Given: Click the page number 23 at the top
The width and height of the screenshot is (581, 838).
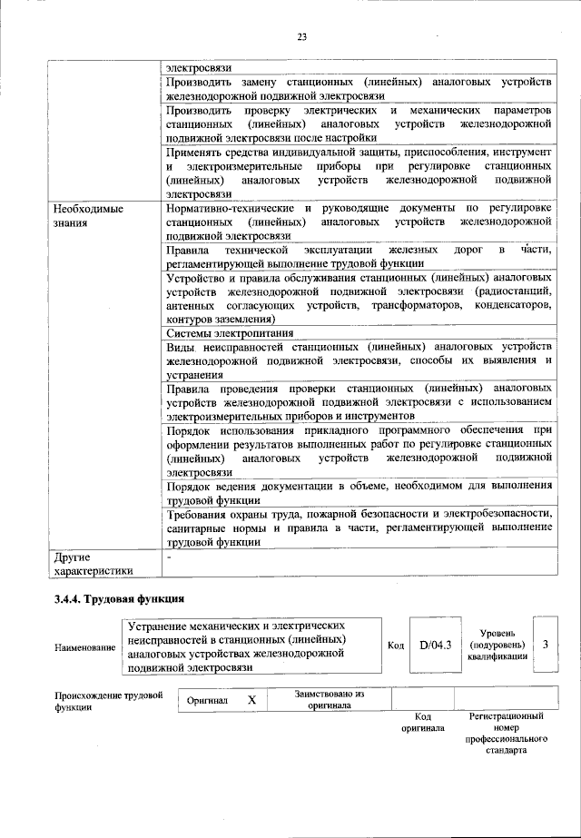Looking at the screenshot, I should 302,37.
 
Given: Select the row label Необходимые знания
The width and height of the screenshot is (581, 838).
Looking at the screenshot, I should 87,214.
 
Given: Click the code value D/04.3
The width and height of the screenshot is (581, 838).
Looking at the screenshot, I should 435,646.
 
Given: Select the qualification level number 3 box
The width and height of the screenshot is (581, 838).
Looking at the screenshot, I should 545,645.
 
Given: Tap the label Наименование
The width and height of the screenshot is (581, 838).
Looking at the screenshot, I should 84,646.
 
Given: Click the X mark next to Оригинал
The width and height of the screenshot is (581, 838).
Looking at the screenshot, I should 252,701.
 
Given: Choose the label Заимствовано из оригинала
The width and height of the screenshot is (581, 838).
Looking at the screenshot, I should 329,699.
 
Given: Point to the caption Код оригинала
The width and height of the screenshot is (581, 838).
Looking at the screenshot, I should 422,723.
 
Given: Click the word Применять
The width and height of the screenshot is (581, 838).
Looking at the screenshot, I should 196,153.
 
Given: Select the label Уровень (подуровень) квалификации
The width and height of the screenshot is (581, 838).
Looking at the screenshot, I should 497,645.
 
